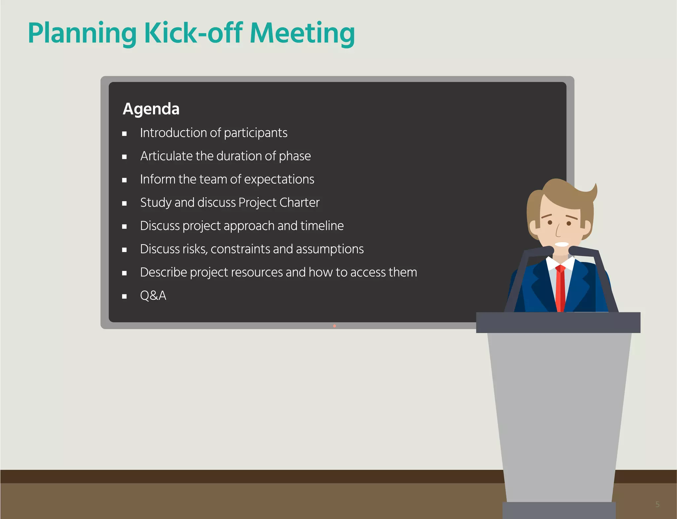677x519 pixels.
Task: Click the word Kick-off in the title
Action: click(194, 33)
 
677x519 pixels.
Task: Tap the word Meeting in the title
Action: click(302, 33)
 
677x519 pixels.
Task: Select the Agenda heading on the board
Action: click(151, 109)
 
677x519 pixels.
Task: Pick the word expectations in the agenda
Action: click(279, 179)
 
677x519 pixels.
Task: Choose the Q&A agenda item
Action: click(153, 295)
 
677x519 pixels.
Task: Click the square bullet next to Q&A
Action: click(124, 296)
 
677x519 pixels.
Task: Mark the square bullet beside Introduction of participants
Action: click(124, 134)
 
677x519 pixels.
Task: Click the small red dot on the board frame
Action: click(335, 326)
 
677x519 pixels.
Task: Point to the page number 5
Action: click(657, 504)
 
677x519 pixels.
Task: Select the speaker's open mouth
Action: click(561, 245)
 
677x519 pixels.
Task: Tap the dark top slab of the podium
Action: click(558, 322)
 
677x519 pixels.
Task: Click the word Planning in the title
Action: click(82, 33)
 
